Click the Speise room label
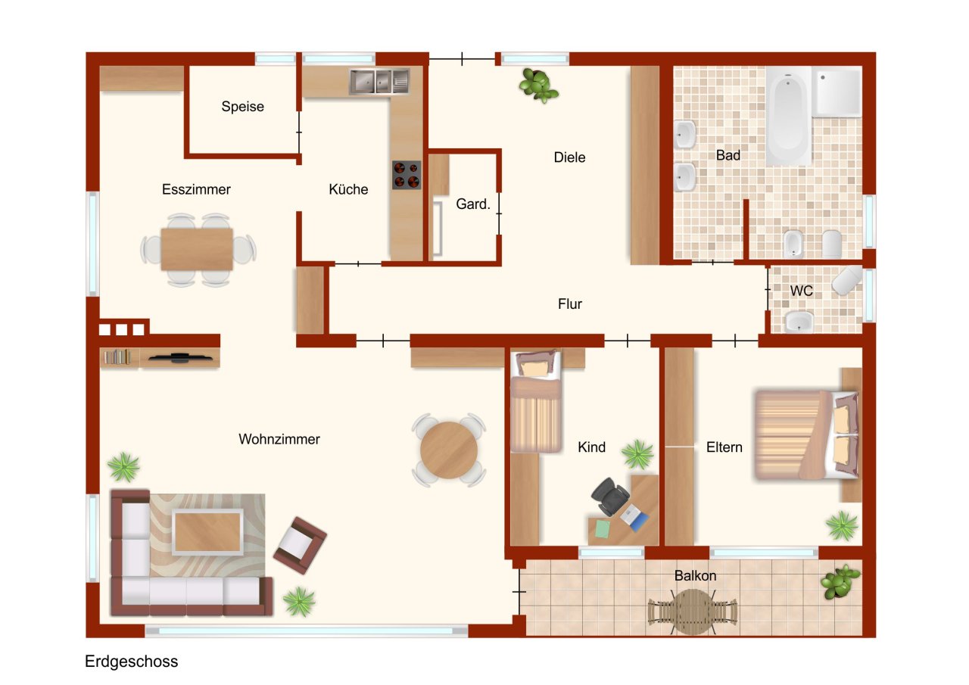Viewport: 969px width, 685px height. pos(243,107)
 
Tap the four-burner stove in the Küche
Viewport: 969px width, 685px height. pos(407,175)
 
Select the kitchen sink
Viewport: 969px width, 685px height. pos(379,81)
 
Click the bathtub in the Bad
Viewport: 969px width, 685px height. pos(789,116)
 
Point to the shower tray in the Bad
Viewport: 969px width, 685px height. pos(837,92)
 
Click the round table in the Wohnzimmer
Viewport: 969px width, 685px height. pos(449,450)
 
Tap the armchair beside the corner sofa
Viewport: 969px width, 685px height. pos(300,545)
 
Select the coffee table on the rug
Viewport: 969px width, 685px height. pos(207,532)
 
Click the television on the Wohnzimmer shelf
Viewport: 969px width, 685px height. pos(180,357)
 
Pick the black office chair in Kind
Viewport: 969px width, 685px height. pos(610,497)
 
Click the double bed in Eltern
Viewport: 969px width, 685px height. pos(806,435)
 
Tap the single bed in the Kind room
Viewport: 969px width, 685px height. pos(536,402)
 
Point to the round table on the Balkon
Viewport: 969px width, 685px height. pos(693,612)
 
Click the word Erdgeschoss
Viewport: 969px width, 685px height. pos(131,662)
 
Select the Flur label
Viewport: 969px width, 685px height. pos(570,304)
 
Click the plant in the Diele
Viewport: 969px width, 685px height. pos(538,86)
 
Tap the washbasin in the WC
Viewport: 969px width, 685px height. pos(799,322)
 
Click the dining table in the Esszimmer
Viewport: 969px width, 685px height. pos(197,250)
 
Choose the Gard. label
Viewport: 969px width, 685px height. pos(473,204)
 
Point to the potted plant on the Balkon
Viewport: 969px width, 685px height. pos(840,581)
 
